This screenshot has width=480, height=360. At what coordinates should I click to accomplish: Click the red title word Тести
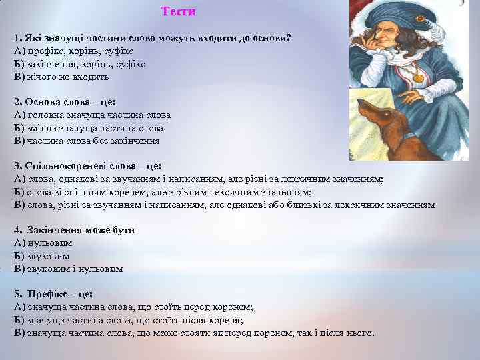coord(179,12)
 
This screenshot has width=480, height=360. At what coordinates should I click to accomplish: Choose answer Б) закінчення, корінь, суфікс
coord(79,64)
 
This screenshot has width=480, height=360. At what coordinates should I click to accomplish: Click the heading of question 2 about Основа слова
coord(65,103)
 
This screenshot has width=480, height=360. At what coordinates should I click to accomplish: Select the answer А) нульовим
coord(43,243)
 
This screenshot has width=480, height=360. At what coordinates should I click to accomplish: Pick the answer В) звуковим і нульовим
coord(68,269)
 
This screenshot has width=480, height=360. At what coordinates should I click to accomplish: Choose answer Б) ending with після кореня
coord(133,320)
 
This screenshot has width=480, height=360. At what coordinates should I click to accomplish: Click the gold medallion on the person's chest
coord(418,78)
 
